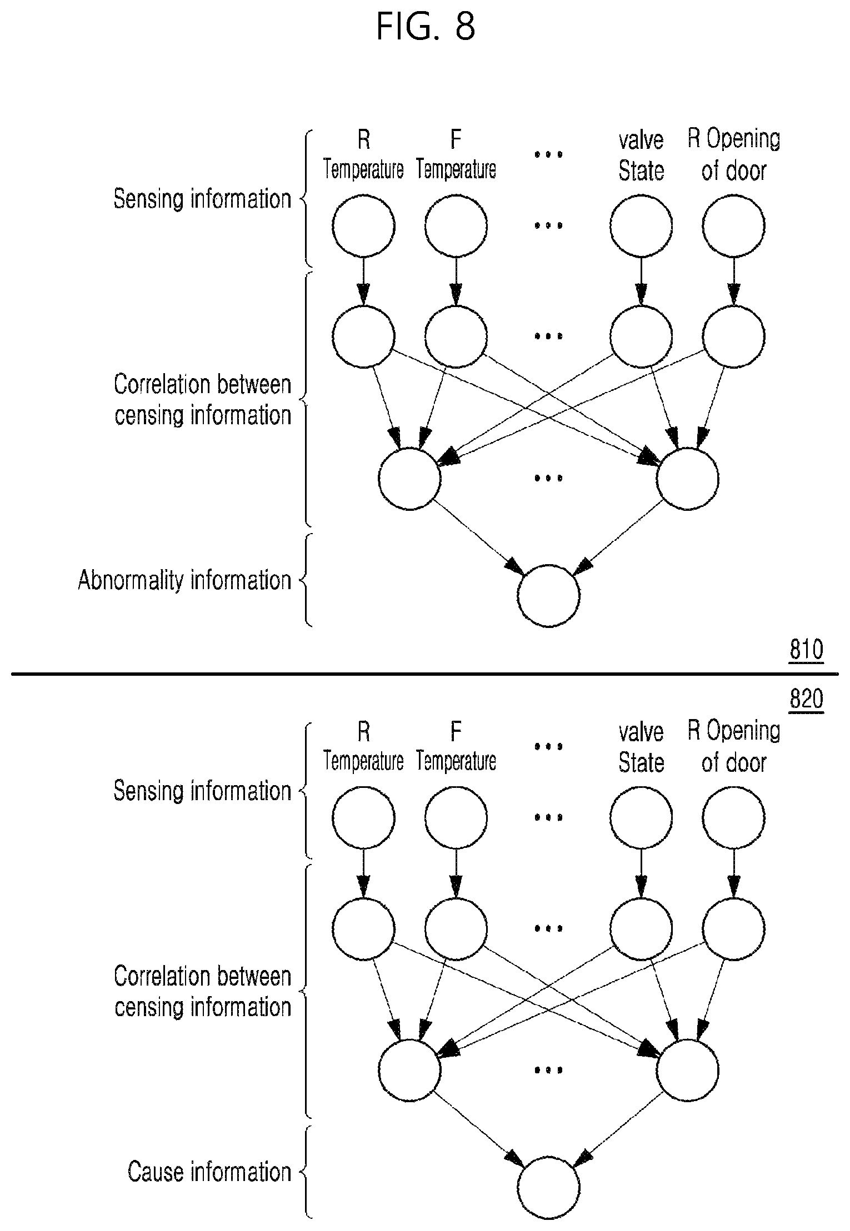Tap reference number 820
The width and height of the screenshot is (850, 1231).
click(806, 699)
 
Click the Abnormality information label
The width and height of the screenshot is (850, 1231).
click(184, 580)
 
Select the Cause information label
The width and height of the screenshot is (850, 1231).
click(209, 1172)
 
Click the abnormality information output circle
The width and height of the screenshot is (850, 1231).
click(548, 596)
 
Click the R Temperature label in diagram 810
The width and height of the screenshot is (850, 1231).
click(363, 155)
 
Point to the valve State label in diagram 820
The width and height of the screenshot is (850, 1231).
click(641, 747)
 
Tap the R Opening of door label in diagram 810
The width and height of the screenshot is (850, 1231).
click(734, 155)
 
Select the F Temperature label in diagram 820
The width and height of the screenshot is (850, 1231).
click(456, 747)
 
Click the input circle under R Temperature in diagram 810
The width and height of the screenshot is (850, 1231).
click(363, 226)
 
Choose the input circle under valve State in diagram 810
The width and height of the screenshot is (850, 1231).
click(641, 226)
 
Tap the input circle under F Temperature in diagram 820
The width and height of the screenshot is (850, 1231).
click(456, 818)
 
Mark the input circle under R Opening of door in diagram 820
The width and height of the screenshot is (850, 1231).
click(734, 818)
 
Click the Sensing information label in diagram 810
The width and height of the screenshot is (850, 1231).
click(202, 199)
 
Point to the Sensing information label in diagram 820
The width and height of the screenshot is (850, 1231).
click(202, 791)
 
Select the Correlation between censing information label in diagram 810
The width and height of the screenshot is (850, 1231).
click(203, 400)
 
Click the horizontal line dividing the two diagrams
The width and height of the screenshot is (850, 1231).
click(425, 674)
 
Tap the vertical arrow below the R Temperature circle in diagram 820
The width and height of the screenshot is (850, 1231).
click(363, 873)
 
